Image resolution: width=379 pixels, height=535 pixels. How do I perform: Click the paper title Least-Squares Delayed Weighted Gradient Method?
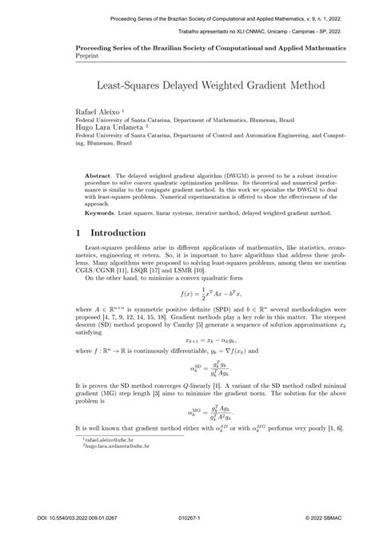coord(189,83)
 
